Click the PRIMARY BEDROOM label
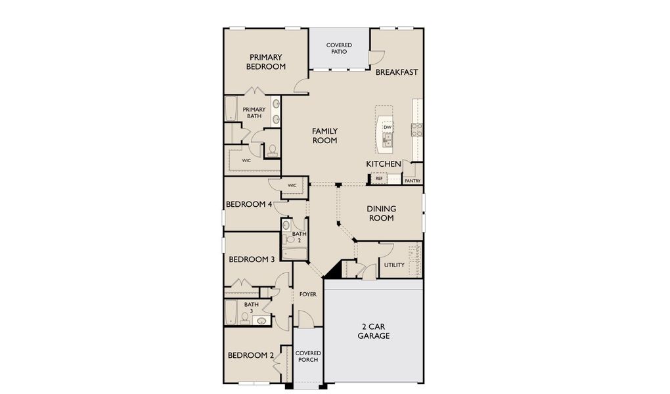pos(266,62)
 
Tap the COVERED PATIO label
pos(339,48)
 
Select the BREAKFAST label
pos(397,72)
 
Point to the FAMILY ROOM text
pos(324,135)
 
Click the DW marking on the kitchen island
pos(388,127)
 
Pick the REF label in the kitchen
pos(379,178)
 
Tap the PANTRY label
pos(413,181)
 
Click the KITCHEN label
pos(384,164)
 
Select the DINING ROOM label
pos(381,213)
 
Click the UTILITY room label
pos(394,265)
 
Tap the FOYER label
pos(307,294)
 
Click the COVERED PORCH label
pos(307,357)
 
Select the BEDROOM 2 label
pos(251,355)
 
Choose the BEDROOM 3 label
pos(252,259)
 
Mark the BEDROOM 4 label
pos(249,204)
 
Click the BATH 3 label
pos(252,307)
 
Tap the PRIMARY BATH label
pos(254,113)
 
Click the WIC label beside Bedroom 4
pos(292,185)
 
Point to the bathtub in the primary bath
pos(231,109)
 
